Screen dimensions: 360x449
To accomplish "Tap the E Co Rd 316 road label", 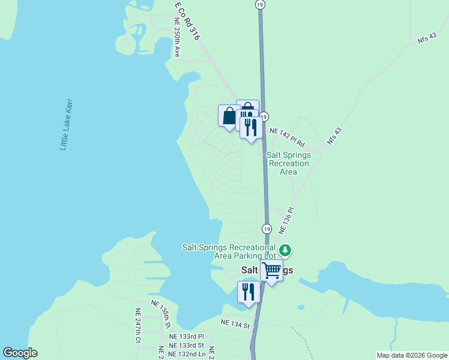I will point(188,21).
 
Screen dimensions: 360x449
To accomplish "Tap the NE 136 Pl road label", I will point(286,220).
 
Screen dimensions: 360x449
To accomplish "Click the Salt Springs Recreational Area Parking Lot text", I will point(229,251).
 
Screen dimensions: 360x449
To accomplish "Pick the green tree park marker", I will point(286,250).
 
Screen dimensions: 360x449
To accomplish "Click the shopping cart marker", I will point(272,271).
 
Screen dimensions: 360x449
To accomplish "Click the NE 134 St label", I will point(235,323).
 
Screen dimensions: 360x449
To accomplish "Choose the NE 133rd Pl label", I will point(186,337).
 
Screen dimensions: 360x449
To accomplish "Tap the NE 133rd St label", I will point(186,345).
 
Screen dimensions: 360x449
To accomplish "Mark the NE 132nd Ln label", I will point(187,354).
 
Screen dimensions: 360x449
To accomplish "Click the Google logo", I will point(20,353).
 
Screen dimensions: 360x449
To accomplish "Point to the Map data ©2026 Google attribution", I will point(412,355).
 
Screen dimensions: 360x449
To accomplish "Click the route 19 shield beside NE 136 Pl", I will point(267,229).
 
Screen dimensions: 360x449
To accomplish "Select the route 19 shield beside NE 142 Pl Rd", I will point(264,117).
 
